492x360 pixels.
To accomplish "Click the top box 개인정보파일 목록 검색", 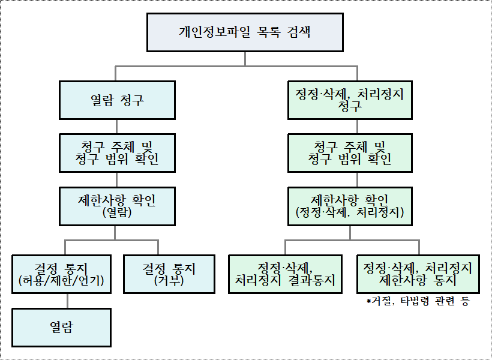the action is (245, 32).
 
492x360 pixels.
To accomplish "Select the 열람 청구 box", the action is (117, 100).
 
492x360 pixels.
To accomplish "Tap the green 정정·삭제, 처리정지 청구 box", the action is (350, 100).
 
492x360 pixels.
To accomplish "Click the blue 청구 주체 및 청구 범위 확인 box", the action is (117, 153).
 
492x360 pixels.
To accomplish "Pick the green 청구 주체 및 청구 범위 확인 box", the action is (350, 153).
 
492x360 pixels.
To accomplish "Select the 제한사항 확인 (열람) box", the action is (117, 206).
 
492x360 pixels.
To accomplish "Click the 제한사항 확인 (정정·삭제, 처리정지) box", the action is (350, 206).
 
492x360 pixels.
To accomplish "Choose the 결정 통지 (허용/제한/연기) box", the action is (61, 274).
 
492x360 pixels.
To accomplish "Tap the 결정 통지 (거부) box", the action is (169, 274).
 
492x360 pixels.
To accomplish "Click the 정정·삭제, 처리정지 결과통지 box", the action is (285, 274).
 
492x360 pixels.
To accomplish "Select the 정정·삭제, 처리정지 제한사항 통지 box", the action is (418, 274).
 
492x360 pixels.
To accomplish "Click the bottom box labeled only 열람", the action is (61, 328).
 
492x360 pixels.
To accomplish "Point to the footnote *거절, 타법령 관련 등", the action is (418, 302).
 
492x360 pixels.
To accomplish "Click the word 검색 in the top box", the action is (298, 32).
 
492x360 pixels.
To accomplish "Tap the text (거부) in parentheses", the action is (169, 281).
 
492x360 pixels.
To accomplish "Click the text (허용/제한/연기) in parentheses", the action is (61, 281).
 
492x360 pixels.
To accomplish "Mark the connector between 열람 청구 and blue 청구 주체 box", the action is (117, 127).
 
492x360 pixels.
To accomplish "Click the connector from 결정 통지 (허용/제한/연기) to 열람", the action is (67, 301).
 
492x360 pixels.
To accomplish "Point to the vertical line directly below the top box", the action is (245, 59).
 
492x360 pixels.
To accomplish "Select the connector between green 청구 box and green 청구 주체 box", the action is (357, 127).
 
